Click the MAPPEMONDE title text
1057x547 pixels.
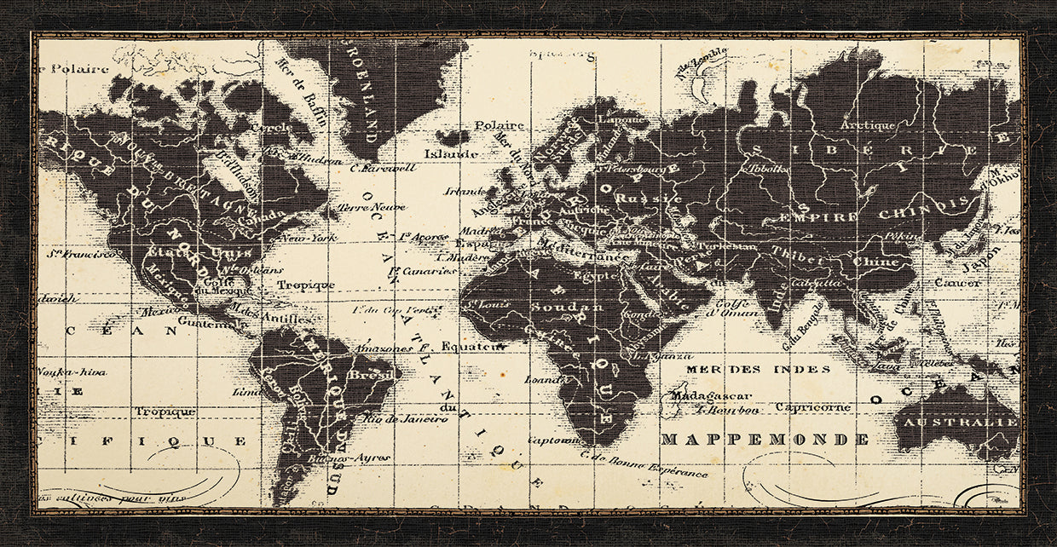coord(765,440)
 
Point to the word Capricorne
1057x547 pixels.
coord(813,407)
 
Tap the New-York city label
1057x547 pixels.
coord(305,239)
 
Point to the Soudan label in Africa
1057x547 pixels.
coord(555,306)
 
